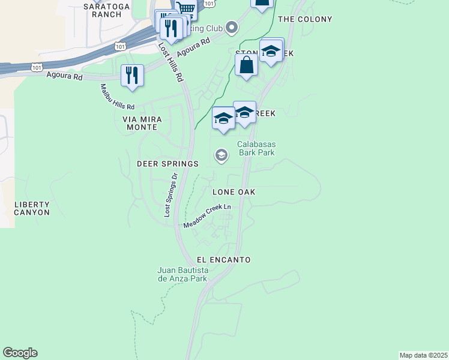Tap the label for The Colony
[x=305, y=19]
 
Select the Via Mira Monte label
[x=140, y=123]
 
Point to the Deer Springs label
[x=167, y=164]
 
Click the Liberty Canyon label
[x=32, y=208]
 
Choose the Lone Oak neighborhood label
[x=234, y=192]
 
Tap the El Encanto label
[x=223, y=260]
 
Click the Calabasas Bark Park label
[x=256, y=148]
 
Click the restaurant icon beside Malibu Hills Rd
[x=132, y=76]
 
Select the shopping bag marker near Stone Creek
[x=246, y=66]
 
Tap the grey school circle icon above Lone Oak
[x=221, y=156]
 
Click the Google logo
[x=20, y=353]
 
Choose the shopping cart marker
[x=186, y=8]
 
